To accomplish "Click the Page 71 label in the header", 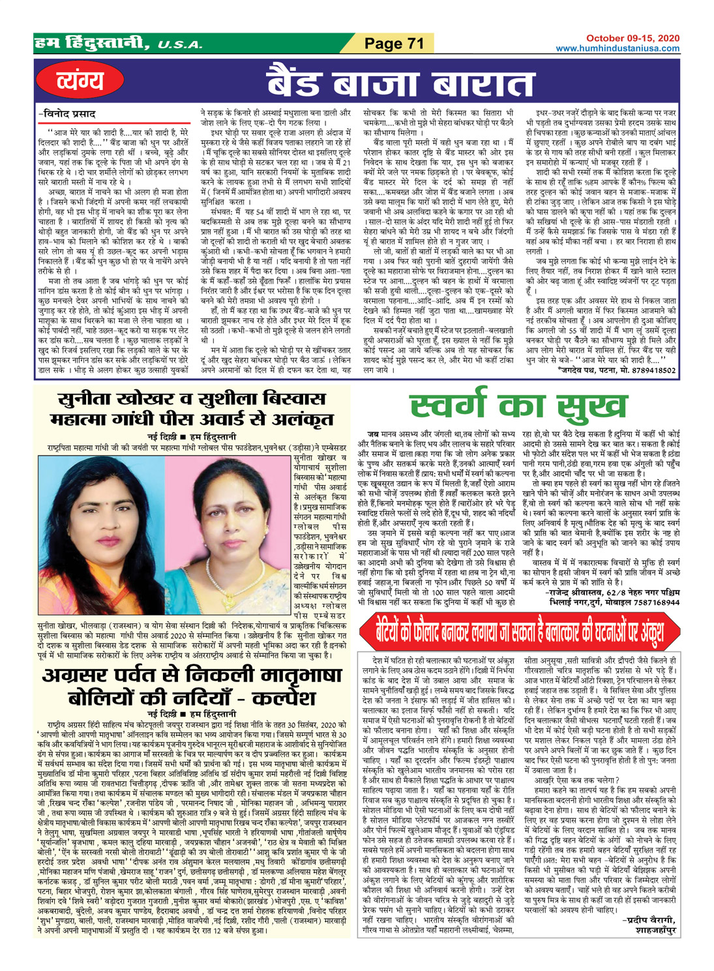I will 394,44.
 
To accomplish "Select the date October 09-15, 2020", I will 632,39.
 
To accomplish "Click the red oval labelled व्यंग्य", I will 80,81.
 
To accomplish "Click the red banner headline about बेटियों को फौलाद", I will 519,631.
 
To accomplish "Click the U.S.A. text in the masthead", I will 180,46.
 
